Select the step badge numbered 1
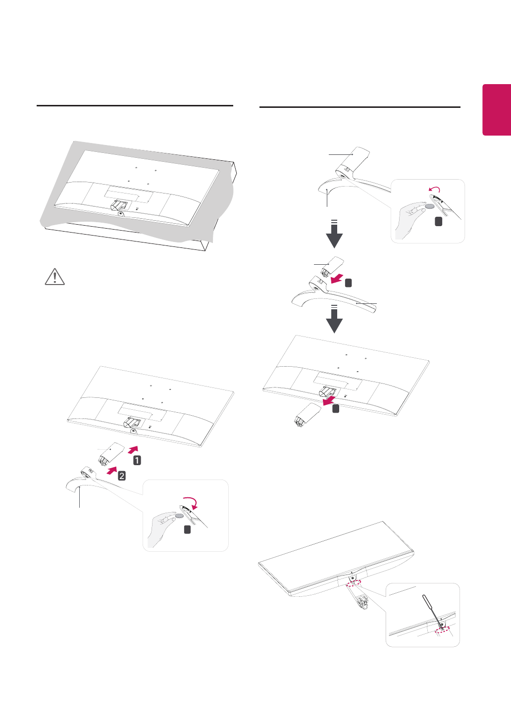click(x=137, y=460)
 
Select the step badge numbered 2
click(x=121, y=476)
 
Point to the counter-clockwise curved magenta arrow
click(x=434, y=190)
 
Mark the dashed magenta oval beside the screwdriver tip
click(x=441, y=630)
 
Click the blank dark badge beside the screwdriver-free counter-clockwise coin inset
click(x=438, y=222)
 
